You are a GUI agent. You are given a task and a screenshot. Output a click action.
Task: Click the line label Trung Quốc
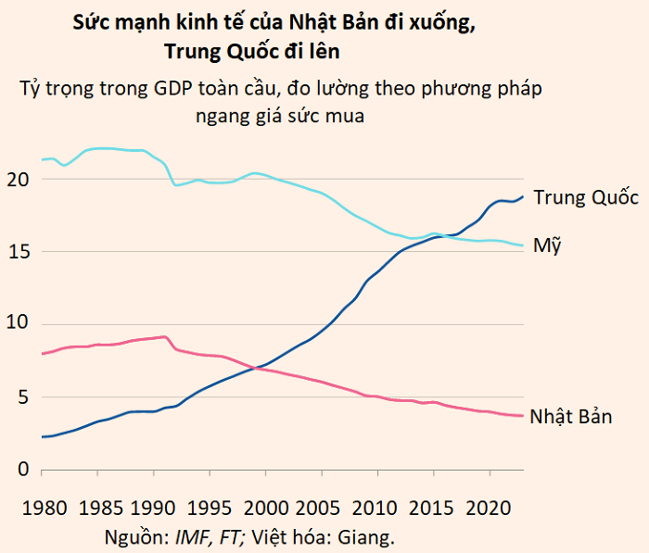coord(586,198)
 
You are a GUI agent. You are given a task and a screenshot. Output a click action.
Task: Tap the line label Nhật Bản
coord(571,416)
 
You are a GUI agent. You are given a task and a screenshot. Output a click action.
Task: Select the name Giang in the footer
coord(365,535)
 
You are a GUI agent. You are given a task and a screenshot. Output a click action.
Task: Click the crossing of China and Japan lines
coord(254,368)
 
